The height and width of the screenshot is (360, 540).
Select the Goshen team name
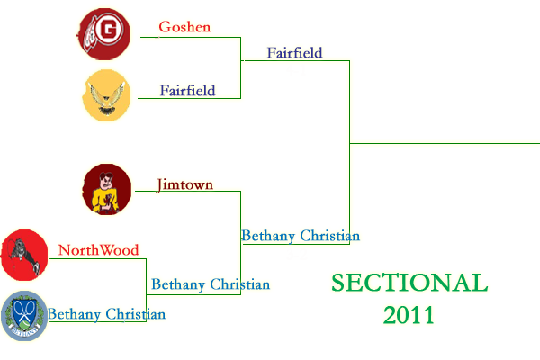(184, 27)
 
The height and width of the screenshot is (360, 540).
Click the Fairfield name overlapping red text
(187, 90)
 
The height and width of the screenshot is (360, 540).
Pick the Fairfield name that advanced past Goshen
(294, 53)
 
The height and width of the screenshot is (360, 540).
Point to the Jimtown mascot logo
(106, 190)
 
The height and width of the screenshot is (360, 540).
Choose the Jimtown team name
(184, 185)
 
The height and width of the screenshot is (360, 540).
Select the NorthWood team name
(98, 250)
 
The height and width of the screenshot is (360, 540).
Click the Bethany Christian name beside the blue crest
(106, 315)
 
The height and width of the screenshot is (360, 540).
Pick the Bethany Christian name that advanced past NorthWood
(211, 284)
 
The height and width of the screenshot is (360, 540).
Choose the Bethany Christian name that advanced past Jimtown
(301, 236)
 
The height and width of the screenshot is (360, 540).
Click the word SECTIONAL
(409, 283)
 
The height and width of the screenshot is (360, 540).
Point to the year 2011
(409, 314)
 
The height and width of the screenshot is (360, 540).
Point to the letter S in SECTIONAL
(339, 283)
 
